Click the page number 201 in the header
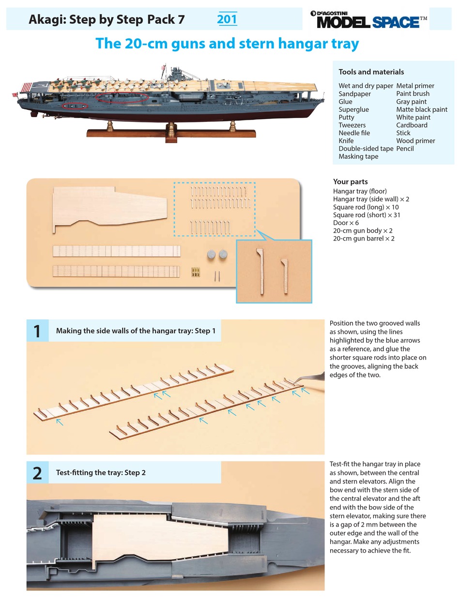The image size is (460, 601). tap(227, 19)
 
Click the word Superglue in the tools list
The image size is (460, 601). tap(353, 109)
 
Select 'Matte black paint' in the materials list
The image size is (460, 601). tap(421, 109)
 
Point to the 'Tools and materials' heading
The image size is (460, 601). tap(371, 72)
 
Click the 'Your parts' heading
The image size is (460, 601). tap(350, 182)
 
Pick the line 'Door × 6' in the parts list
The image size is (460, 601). tap(346, 223)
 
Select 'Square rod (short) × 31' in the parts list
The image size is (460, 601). tap(367, 215)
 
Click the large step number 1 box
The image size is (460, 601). tap(37, 331)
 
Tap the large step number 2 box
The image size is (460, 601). tap(37, 472)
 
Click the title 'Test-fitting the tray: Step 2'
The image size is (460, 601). tap(101, 473)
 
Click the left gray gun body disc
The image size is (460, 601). tap(211, 255)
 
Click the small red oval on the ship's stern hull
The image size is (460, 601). tap(75, 105)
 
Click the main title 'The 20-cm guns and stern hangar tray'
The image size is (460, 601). tap(227, 44)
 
